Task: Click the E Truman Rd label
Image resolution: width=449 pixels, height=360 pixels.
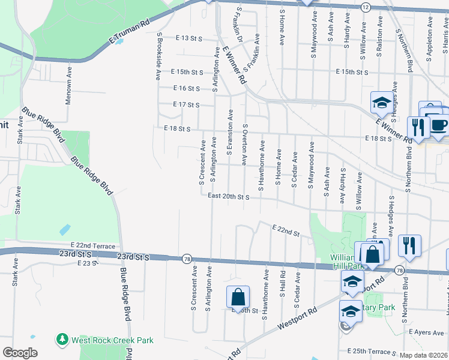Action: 130,33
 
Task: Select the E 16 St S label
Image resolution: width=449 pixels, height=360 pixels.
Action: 185,88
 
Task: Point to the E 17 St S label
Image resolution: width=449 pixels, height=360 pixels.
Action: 185,105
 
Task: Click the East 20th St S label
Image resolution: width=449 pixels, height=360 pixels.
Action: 228,196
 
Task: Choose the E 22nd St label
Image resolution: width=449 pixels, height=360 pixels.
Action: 285,230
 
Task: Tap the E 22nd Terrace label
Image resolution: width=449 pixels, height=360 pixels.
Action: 92,246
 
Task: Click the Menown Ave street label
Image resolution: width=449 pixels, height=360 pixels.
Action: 69,86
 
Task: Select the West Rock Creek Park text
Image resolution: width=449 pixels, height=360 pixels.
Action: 112,340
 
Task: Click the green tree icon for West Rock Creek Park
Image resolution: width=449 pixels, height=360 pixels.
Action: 62,340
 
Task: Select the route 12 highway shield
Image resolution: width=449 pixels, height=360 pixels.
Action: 365,7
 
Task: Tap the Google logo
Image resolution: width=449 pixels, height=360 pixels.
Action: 20,353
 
